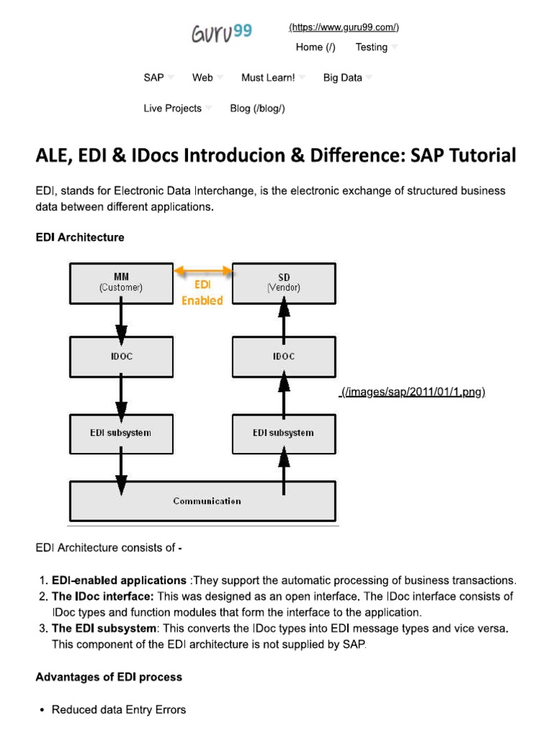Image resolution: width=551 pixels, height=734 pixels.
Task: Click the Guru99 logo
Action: (221, 33)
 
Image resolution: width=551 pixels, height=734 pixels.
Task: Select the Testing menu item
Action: (372, 47)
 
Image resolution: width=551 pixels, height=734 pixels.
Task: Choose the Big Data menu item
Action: (343, 77)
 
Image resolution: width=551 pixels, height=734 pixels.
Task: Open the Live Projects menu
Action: (173, 108)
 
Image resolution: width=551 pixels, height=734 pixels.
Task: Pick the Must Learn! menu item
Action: (268, 77)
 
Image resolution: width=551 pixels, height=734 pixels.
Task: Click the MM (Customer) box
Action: (121, 282)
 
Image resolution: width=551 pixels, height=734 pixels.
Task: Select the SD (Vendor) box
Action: (283, 282)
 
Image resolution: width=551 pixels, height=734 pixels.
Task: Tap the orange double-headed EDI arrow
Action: (203, 270)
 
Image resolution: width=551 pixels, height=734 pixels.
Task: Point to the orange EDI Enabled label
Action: (202, 292)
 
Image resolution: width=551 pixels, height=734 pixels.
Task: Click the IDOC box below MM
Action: (121, 356)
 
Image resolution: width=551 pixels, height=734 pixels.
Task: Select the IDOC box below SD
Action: (283, 356)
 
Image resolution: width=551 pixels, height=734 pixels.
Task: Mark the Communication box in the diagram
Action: (202, 500)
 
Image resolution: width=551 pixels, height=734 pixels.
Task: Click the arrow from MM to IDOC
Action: (121, 320)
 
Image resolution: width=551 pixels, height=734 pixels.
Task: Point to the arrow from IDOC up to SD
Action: (283, 320)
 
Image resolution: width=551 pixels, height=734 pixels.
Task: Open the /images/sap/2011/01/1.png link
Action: (413, 392)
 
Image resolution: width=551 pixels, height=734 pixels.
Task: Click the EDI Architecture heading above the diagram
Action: (80, 237)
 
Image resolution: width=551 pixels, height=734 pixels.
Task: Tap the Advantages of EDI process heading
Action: (109, 677)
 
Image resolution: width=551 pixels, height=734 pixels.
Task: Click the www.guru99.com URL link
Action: (344, 27)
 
